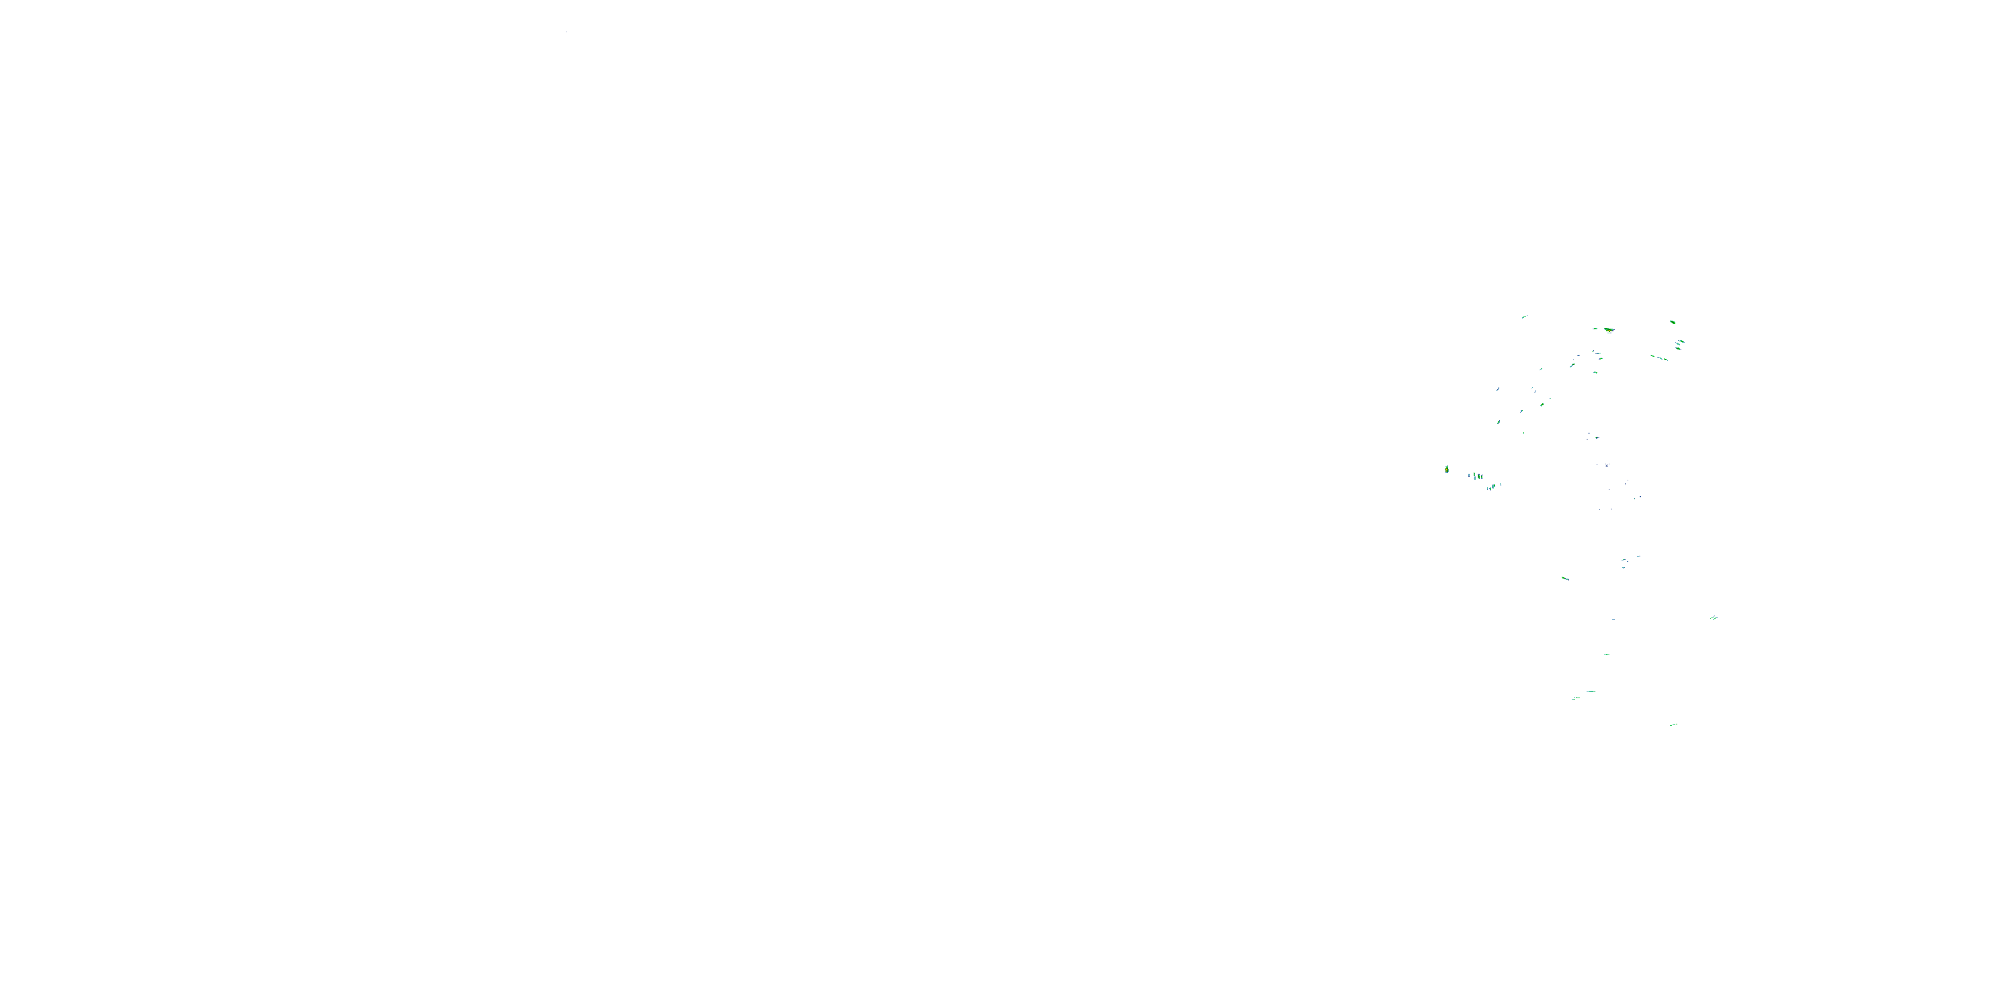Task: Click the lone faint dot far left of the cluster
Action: click(x=566, y=32)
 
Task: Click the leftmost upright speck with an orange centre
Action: click(x=1446, y=470)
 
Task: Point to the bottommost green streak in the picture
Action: click(x=1673, y=724)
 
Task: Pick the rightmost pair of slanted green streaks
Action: click(x=1713, y=618)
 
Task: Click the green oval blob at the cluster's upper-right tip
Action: click(x=1673, y=322)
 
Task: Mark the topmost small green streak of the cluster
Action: click(x=1523, y=317)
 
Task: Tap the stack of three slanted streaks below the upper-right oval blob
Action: click(x=1679, y=343)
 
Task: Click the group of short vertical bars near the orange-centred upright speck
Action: click(x=1475, y=475)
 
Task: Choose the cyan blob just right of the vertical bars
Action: click(x=1493, y=486)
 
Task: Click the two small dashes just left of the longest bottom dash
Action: click(x=1575, y=698)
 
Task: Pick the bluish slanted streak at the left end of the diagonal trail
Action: click(x=1498, y=389)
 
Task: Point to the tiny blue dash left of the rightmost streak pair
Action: click(x=1613, y=619)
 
